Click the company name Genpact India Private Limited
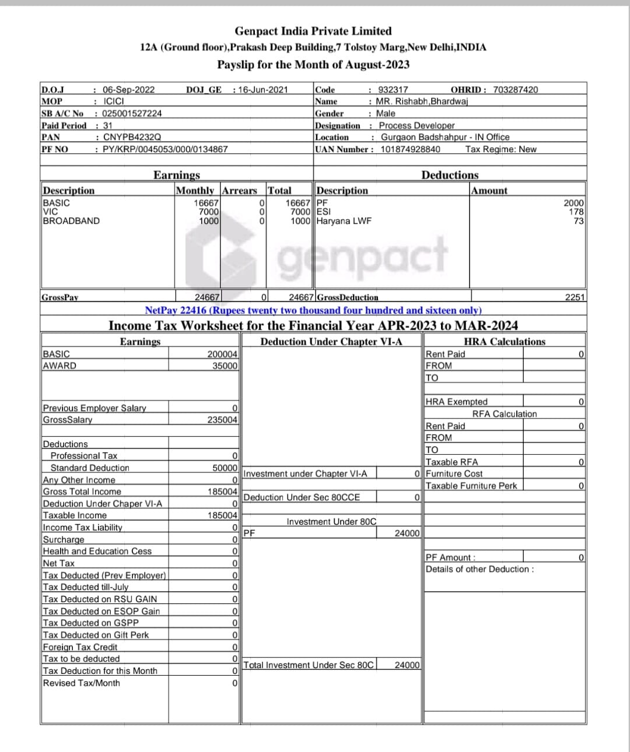(313, 31)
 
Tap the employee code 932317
(393, 90)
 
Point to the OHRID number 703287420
(516, 90)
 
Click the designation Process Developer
(416, 125)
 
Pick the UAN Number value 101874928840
(410, 149)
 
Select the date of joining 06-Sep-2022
(128, 90)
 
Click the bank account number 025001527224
(132, 114)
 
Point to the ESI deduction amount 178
(576, 212)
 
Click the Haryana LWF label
(344, 221)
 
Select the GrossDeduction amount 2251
(575, 297)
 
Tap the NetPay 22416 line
(313, 311)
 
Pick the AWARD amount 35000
(225, 366)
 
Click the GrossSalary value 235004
(222, 420)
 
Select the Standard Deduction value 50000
(225, 468)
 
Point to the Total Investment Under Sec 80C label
(308, 665)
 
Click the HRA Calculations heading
(504, 342)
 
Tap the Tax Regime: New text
(501, 149)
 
